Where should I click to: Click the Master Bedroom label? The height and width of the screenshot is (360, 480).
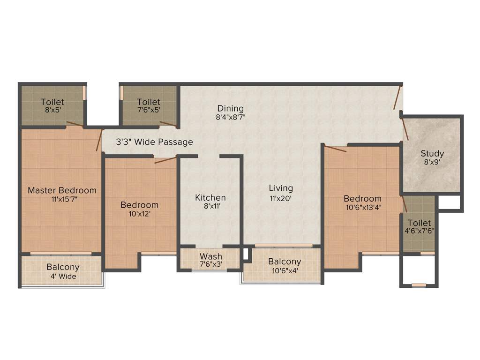coord(62,190)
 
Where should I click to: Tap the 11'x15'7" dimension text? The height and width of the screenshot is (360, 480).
coord(62,199)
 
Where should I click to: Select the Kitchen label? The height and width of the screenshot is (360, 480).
coord(210,198)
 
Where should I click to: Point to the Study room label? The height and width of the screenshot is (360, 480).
coord(432,154)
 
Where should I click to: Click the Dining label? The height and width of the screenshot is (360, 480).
coord(230,109)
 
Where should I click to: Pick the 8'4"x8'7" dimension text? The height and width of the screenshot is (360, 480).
coord(230,118)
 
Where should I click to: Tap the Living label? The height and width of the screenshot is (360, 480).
coord(281,188)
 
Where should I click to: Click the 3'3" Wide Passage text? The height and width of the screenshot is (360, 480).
coord(148,142)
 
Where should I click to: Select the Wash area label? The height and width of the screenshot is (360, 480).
coord(211,256)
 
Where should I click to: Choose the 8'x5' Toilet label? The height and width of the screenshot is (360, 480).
coord(52,102)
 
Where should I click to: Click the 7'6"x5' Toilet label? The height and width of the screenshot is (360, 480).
coord(149,102)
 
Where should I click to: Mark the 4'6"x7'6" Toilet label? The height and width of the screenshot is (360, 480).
coord(419,223)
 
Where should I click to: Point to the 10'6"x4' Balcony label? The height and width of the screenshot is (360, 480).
coord(285,262)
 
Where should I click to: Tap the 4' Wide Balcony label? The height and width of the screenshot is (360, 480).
coord(63,267)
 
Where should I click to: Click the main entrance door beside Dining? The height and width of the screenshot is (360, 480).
coord(397,97)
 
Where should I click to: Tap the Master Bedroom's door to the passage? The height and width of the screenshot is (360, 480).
coord(99,139)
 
